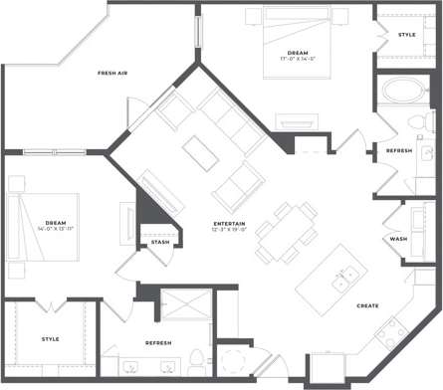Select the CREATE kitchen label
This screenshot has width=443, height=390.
(368, 305)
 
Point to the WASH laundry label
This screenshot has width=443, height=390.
(398, 239)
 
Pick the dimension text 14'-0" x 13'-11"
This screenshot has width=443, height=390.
(56, 229)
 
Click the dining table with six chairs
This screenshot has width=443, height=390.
(285, 234)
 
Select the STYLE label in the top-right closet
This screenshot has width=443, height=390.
(406, 35)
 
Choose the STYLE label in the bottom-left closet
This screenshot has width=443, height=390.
(50, 339)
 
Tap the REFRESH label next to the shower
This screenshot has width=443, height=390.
(158, 342)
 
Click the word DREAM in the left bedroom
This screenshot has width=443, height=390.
(56, 221)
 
